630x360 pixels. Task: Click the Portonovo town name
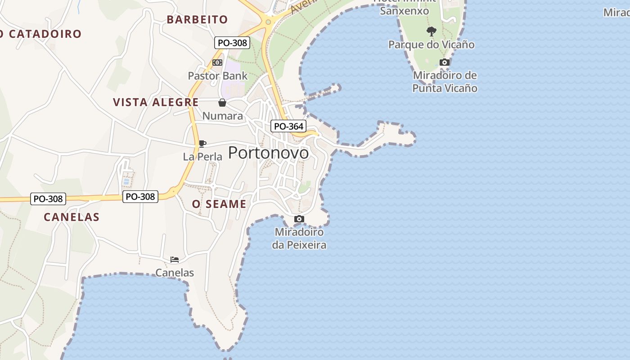coord(269,153)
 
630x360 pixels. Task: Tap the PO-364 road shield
coord(288,126)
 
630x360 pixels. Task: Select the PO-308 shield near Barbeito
coord(232,43)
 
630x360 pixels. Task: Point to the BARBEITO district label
coord(197,20)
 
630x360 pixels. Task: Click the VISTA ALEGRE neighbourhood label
coord(156,102)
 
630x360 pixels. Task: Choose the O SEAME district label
coord(219,204)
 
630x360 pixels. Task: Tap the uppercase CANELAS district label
coord(72,217)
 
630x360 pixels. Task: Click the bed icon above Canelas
coord(175,260)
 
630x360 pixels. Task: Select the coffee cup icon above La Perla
coord(202,144)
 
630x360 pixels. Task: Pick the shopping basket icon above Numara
coord(222,103)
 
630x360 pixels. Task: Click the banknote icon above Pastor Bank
coord(217,63)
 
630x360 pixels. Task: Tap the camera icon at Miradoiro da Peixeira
coord(299,219)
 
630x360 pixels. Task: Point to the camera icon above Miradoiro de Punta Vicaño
coord(445,63)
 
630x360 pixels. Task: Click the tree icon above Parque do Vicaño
coord(432,31)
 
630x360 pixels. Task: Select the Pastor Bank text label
coord(218,76)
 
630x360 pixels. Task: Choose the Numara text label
coord(222,116)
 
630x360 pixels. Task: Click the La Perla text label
coord(202,157)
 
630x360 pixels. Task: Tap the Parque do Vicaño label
coord(432,45)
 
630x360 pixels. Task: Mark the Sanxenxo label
coord(405,11)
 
